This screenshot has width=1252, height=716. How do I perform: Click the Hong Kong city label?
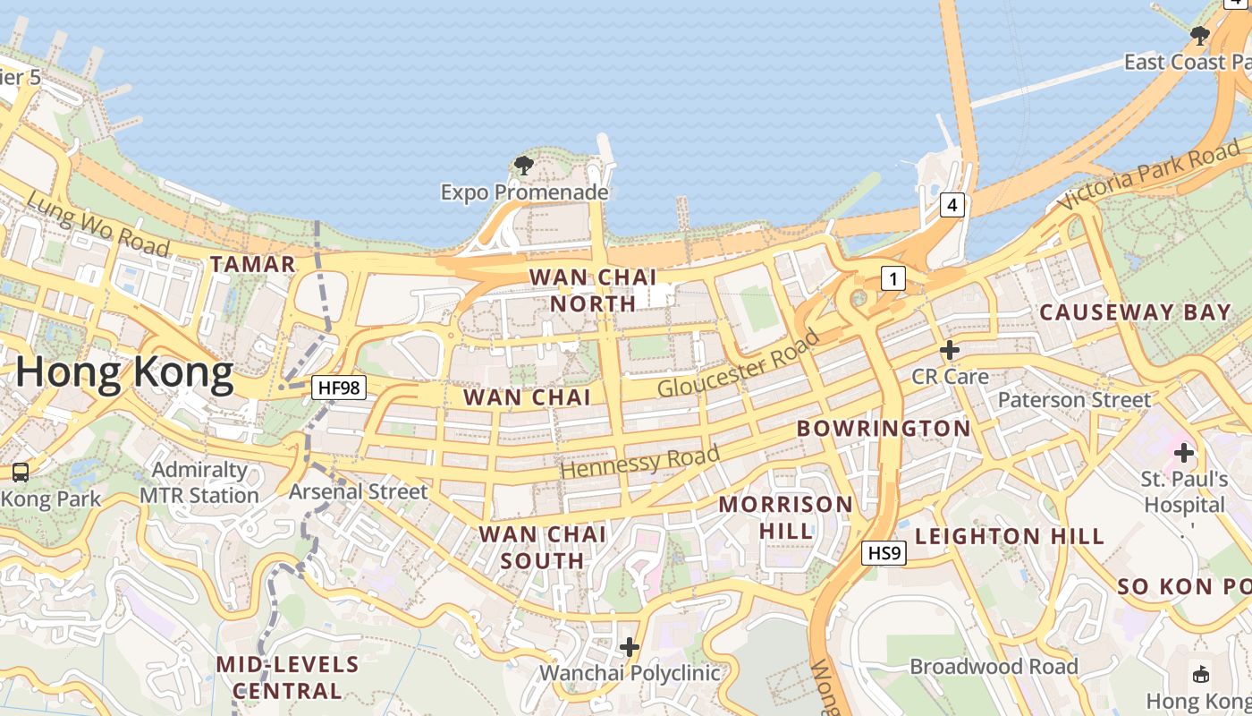click(124, 371)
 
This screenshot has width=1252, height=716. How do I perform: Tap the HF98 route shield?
click(339, 388)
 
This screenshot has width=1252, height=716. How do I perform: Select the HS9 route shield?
click(884, 553)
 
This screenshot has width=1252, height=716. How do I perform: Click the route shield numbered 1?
click(892, 279)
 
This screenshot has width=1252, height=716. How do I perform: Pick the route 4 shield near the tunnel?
click(952, 205)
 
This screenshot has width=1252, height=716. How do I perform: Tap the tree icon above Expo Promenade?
click(523, 165)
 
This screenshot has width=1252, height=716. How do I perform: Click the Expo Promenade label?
click(524, 192)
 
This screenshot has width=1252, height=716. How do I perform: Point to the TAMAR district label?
click(252, 264)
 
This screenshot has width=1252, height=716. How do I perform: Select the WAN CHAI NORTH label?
click(593, 290)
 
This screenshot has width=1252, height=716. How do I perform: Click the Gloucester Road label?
click(739, 363)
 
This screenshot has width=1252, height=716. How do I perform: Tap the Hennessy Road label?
click(640, 461)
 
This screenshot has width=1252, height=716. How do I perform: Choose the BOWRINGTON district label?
click(884, 429)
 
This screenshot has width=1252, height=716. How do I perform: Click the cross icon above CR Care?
click(950, 349)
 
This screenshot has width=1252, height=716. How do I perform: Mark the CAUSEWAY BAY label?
click(1135, 312)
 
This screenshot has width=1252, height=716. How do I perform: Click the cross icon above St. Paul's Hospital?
click(1184, 453)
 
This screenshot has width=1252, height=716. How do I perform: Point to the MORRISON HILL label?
click(786, 517)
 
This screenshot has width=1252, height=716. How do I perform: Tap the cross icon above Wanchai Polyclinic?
click(630, 646)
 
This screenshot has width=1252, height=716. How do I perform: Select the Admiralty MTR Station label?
click(199, 482)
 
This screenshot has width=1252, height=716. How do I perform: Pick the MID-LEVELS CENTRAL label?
click(287, 678)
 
